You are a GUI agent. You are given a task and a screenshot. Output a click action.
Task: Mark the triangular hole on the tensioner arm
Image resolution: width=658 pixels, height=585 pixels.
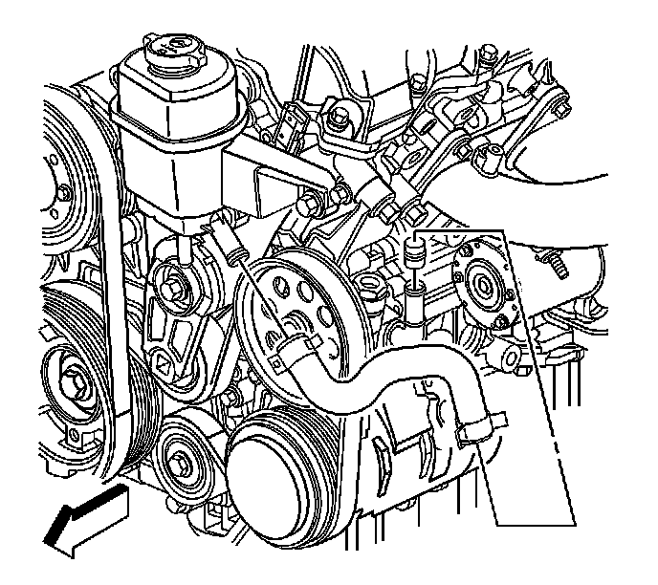click(165, 364)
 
